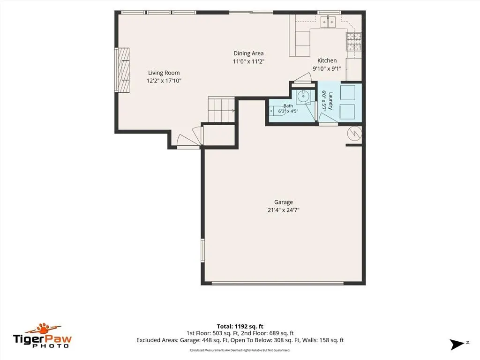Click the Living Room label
coord(164,73)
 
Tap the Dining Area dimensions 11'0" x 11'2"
coord(248,61)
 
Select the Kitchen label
coord(327,60)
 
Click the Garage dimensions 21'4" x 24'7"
coord(284,210)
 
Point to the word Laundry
coord(330,101)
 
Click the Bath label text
coord(288,106)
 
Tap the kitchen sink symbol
coord(328,22)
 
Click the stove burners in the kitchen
coord(353,41)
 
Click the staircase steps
coord(221,109)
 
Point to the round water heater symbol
coord(354,134)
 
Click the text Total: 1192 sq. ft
coord(240,326)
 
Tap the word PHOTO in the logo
coord(51,345)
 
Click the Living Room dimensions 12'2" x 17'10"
coord(164,81)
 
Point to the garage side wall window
coord(202,250)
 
